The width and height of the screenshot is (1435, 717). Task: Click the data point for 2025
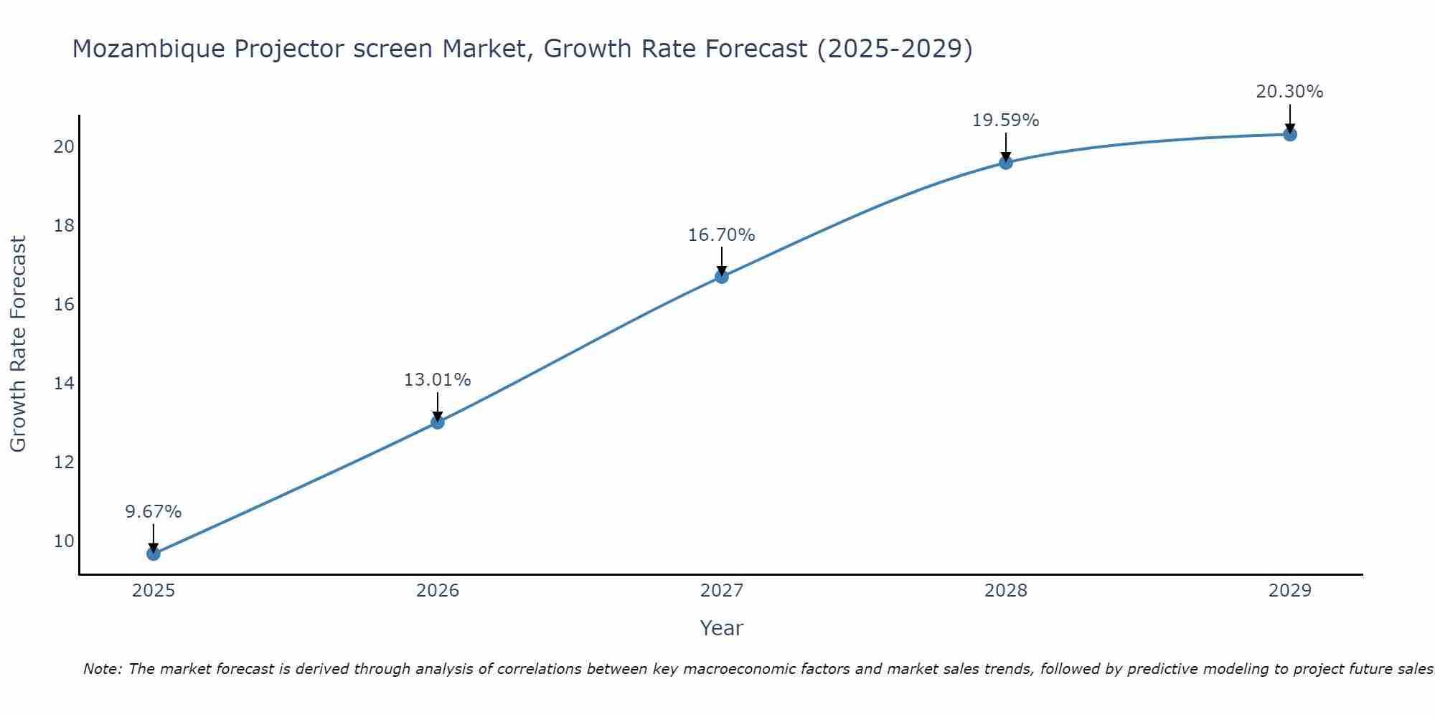point(154,554)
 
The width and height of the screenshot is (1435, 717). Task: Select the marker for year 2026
point(438,422)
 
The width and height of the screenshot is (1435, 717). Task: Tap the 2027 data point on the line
point(722,277)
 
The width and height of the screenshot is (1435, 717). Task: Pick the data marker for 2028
point(1006,163)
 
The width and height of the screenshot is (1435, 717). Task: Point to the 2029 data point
point(1290,134)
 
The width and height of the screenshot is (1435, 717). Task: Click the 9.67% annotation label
point(154,512)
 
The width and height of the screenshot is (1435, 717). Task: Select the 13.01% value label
point(437,380)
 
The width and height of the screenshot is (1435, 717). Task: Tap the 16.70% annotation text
point(721,235)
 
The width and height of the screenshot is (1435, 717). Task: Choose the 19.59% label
point(1005,120)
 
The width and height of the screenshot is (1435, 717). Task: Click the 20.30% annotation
point(1289,92)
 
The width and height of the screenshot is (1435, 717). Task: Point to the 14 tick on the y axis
point(64,383)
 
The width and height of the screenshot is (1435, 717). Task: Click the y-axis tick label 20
point(64,146)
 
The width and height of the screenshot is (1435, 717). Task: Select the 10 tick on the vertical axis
point(64,541)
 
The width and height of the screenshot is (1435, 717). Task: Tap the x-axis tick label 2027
point(722,591)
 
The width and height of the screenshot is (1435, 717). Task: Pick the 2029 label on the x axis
point(1290,591)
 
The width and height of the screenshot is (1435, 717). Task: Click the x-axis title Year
point(722,628)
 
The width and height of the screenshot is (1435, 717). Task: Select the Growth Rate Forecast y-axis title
point(18,344)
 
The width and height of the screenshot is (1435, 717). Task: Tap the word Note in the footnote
point(103,669)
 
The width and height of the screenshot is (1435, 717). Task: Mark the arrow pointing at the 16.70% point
point(722,262)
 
